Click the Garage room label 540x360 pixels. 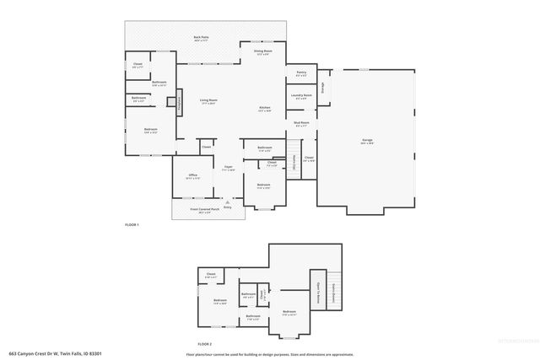point(366,142)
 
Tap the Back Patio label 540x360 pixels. point(201,39)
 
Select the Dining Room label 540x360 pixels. point(263,52)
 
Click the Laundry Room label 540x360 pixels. point(301,97)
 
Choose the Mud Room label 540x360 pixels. point(301,125)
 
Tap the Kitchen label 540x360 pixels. point(264,110)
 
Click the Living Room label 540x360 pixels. point(208,103)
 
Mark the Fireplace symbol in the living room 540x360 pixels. point(179,103)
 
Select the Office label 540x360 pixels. point(192,177)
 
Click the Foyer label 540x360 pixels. point(229,169)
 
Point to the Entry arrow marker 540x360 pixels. point(227,202)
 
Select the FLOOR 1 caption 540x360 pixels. point(132,225)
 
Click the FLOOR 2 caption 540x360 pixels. point(205,344)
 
